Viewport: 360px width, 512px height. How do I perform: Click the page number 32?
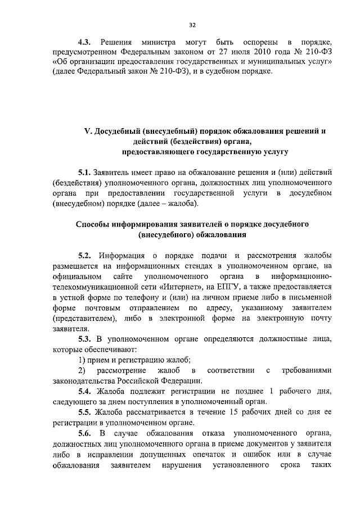(192, 25)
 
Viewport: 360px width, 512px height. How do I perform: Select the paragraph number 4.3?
(84, 43)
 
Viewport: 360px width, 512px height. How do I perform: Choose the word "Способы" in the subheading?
(94, 224)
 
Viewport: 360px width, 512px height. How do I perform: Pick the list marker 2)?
(82, 370)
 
